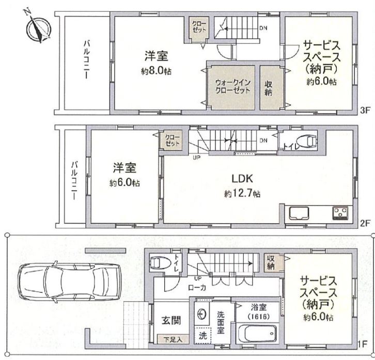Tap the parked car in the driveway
pos(69,283)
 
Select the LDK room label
pos(242,178)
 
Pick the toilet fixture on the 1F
pos(160,263)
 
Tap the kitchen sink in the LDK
pos(299,213)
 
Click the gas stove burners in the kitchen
pos(340,213)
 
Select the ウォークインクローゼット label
pos(233,87)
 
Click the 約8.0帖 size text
pos(157,71)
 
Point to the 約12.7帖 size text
pos(242,194)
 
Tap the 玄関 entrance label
pos(171,320)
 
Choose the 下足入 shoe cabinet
pos(173,339)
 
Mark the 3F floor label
pos(365,110)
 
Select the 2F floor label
pos(365,224)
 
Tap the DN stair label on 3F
pos(263,28)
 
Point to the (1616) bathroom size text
pos(259,317)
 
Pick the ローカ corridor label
pos(197,288)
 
